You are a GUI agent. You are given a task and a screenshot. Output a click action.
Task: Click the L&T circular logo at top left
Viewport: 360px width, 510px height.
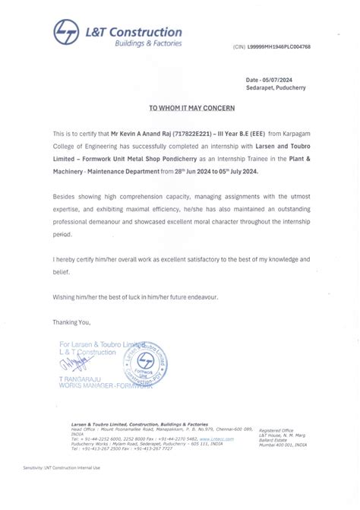(65, 33)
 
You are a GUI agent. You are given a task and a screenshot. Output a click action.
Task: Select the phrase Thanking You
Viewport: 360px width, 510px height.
(71, 322)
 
